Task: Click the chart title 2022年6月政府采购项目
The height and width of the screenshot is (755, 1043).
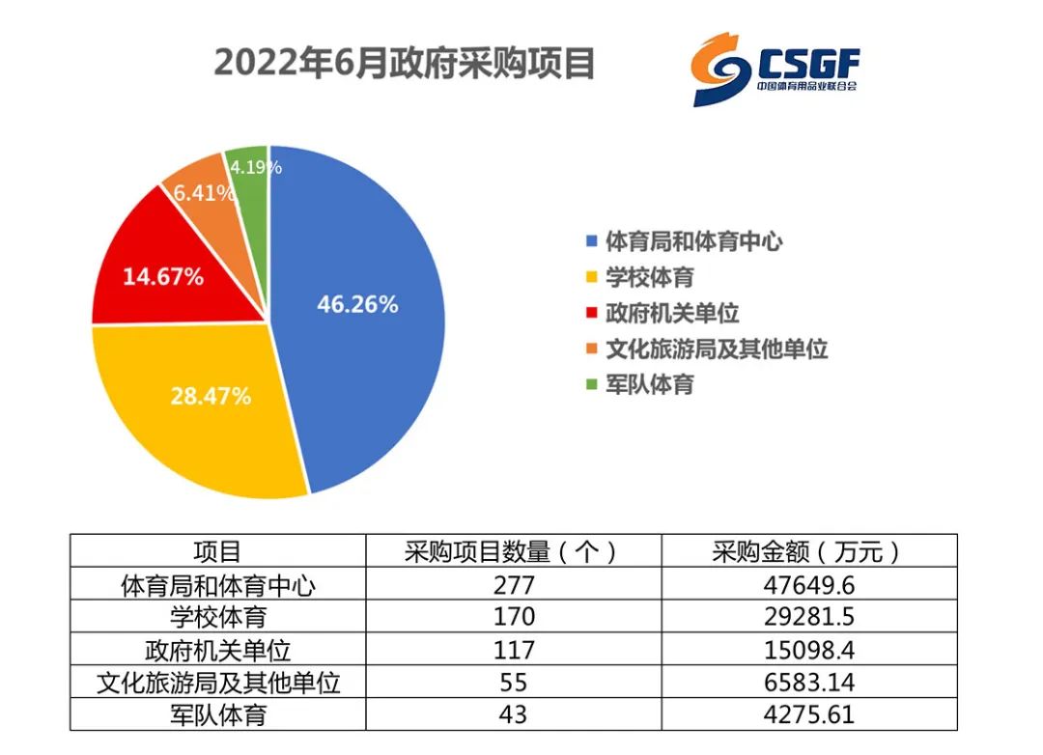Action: click(404, 64)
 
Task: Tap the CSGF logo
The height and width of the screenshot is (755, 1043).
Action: click(775, 70)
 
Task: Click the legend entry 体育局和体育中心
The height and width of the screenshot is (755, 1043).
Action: click(685, 242)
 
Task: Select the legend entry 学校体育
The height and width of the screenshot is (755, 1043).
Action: click(640, 277)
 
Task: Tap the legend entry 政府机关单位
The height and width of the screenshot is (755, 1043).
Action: click(662, 314)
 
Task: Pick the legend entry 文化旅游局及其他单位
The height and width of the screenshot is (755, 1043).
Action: click(706, 350)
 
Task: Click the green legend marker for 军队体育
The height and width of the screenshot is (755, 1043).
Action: click(591, 384)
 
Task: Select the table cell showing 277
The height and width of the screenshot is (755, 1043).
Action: click(514, 585)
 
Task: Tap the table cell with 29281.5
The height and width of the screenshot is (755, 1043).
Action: click(809, 617)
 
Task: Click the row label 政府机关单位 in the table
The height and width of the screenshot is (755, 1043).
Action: click(218, 650)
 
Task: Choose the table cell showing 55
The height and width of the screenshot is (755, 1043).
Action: click(514, 683)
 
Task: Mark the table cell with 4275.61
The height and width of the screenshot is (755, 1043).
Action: click(809, 714)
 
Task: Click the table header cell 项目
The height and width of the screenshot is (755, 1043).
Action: click(217, 550)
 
